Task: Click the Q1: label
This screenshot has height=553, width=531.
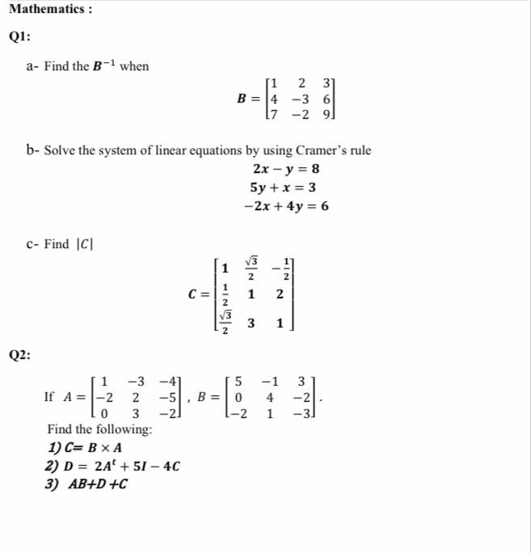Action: pyautogui.click(x=23, y=37)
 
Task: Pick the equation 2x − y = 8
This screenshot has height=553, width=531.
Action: pyautogui.click(x=286, y=169)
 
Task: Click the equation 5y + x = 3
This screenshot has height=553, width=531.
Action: pyautogui.click(x=284, y=188)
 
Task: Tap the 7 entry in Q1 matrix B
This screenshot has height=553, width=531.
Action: pyautogui.click(x=276, y=113)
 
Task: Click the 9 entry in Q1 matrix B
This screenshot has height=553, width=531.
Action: pyautogui.click(x=326, y=113)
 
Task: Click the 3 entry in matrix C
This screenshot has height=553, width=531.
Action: pyautogui.click(x=252, y=323)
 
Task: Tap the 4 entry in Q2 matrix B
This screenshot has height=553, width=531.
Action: pyautogui.click(x=270, y=398)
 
